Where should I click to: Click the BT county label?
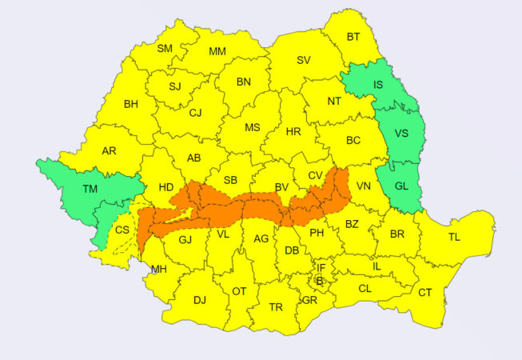(x=353, y=37)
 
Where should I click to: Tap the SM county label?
(x=165, y=49)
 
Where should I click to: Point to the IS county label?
(x=377, y=85)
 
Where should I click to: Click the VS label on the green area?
(x=401, y=134)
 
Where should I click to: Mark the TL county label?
(x=454, y=237)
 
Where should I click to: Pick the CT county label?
(x=424, y=293)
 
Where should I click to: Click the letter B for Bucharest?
(x=320, y=281)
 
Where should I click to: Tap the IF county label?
(x=321, y=267)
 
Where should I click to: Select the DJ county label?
(x=200, y=300)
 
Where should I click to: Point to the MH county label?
(x=159, y=269)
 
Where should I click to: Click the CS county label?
(x=122, y=230)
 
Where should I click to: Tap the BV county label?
(x=281, y=186)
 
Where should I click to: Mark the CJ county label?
(x=195, y=113)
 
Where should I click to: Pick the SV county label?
(x=304, y=60)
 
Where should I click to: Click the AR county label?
(x=109, y=150)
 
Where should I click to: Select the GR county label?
(x=309, y=301)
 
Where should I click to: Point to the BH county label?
(x=130, y=104)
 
